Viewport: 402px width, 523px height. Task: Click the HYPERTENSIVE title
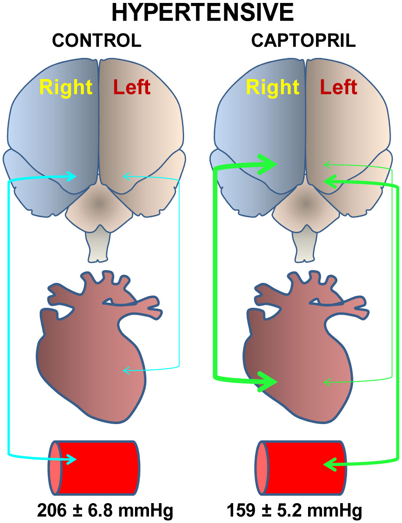click(203, 13)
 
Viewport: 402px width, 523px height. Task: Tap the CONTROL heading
click(96, 41)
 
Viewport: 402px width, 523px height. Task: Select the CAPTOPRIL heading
click(303, 41)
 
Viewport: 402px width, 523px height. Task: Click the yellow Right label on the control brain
click(66, 88)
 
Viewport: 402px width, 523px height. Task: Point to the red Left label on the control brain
click(132, 87)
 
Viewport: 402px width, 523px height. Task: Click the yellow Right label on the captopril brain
click(273, 88)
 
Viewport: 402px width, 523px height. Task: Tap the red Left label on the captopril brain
click(339, 87)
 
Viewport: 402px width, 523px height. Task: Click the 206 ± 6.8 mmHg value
click(105, 510)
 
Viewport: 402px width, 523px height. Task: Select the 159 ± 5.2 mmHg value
click(295, 510)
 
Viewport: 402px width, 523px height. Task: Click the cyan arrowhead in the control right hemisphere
click(72, 176)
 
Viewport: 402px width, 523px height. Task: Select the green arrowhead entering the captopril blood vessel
click(330, 464)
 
